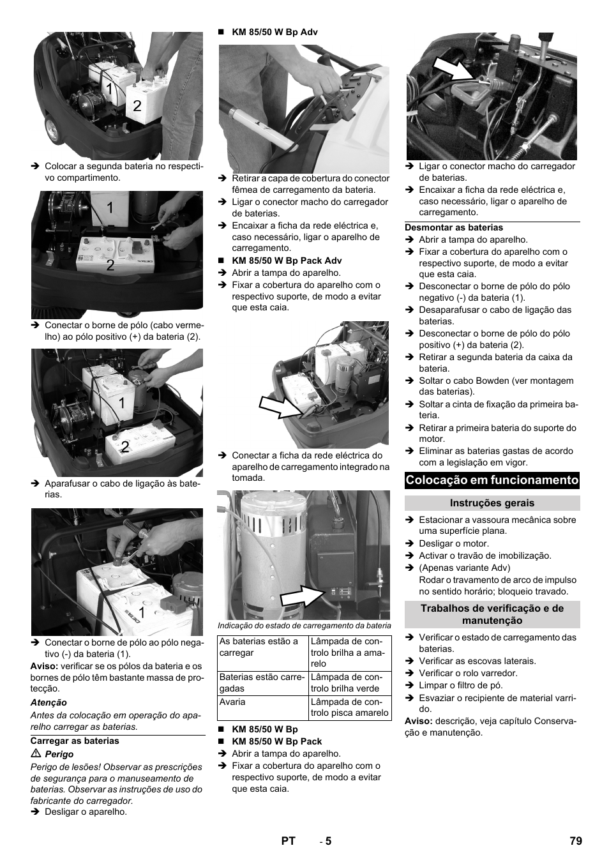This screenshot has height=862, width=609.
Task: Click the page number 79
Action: [575, 841]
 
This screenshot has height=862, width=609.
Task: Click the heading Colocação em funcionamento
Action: [492, 480]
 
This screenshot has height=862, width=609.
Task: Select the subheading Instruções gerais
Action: [492, 503]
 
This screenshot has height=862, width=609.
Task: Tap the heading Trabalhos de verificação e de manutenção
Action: [492, 614]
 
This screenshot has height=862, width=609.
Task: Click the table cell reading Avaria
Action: [232, 702]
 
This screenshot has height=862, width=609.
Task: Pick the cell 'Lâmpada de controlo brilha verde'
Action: [349, 683]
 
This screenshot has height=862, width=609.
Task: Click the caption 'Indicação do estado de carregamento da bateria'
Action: [304, 626]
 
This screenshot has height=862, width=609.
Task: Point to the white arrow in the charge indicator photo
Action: [301, 595]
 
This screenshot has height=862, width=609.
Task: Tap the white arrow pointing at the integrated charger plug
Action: [279, 406]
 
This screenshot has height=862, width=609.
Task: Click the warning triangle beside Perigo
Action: [35, 754]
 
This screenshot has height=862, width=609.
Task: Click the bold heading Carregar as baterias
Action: [75, 741]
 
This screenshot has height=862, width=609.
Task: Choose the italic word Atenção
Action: [49, 702]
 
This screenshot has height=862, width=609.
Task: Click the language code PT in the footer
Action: [288, 841]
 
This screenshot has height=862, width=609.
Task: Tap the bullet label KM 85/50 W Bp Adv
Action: [274, 32]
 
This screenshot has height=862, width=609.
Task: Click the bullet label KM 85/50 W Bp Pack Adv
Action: [287, 261]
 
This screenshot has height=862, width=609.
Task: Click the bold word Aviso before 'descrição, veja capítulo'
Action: [418, 721]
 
